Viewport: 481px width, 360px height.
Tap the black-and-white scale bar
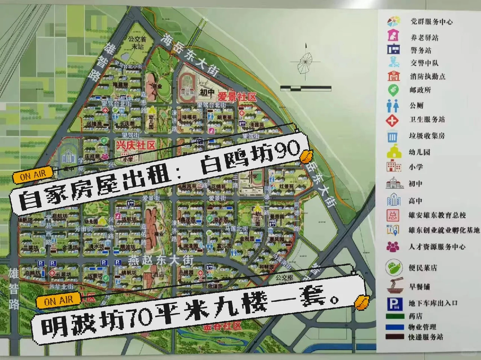(x=306, y=89)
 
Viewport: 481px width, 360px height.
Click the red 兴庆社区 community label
(x=135, y=145)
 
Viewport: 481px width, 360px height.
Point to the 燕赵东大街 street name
(x=161, y=260)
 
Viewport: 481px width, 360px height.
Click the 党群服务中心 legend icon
(x=394, y=21)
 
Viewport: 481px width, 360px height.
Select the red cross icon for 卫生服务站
(x=393, y=120)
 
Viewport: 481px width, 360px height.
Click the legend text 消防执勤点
(x=427, y=77)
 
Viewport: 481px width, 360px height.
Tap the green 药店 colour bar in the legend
(x=395, y=316)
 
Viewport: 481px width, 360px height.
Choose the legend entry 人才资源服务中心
(x=437, y=247)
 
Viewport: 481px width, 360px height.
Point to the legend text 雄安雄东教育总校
(x=437, y=215)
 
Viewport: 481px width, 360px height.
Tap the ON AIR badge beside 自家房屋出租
(x=33, y=175)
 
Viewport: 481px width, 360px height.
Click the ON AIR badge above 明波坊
(x=58, y=301)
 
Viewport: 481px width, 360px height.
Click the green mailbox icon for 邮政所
(x=393, y=90)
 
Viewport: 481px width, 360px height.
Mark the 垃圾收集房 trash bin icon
(x=393, y=136)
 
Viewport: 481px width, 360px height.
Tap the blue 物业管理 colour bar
(x=395, y=327)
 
